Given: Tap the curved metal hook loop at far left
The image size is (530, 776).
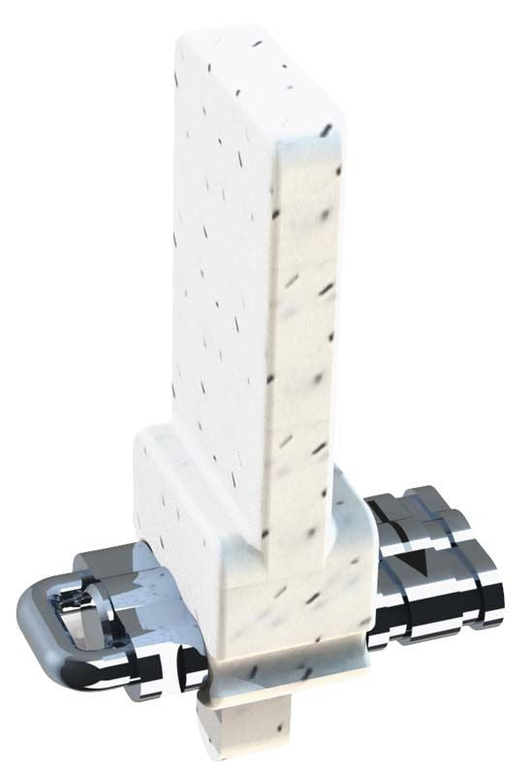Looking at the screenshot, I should click(x=29, y=621).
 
